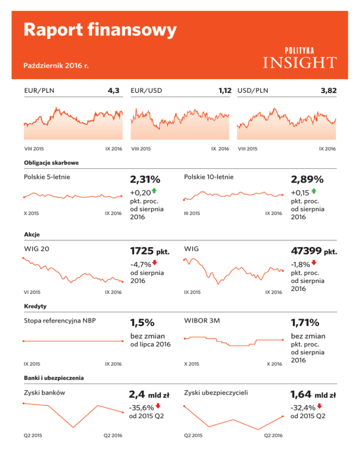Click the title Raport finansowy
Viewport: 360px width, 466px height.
click(101, 30)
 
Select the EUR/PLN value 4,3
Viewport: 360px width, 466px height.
click(114, 90)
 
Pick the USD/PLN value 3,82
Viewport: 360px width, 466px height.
click(328, 90)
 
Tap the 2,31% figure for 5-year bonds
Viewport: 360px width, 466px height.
click(145, 180)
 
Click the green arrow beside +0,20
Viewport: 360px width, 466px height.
click(154, 191)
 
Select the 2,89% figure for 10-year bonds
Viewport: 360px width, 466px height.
click(307, 180)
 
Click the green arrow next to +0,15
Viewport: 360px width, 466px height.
click(314, 191)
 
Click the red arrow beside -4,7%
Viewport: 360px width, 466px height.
click(155, 264)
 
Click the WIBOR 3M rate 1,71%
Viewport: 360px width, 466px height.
click(305, 323)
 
